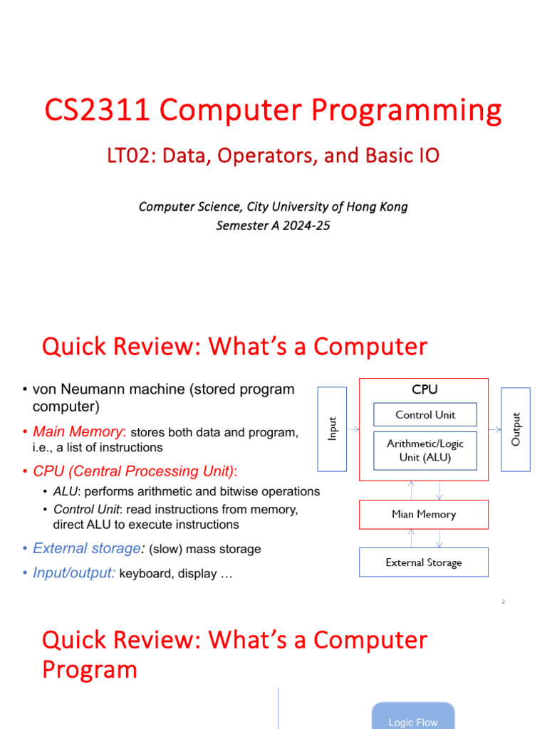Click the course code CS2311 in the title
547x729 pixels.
pos(97,110)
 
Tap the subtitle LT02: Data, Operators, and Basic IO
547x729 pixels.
pos(273,156)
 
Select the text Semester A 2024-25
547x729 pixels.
pos(273,226)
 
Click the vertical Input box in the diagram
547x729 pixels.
pos(332,429)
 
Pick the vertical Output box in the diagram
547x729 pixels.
pos(516,429)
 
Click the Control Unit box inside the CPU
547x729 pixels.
pos(425,415)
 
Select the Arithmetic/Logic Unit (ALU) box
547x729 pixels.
pos(425,451)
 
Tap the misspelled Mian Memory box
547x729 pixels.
pos(424,514)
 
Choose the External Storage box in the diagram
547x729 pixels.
pos(424,562)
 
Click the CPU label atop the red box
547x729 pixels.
pos(424,389)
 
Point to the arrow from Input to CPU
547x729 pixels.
pos(353,429)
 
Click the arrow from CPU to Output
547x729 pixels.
pos(495,429)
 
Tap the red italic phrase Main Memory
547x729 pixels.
pos(78,432)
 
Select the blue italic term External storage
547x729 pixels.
pos(87,549)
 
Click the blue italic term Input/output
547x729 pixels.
pos(73,573)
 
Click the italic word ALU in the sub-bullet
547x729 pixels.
pos(65,491)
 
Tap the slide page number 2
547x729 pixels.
pos(504,602)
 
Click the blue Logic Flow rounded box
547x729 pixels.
pos(413,716)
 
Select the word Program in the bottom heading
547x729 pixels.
pos(90,670)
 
